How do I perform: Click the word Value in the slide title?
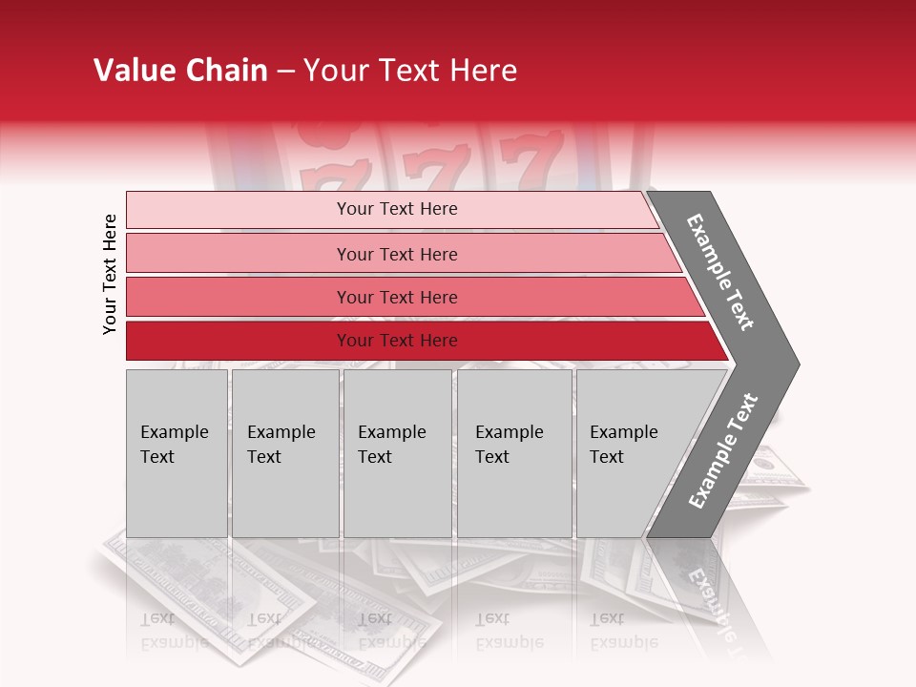133,71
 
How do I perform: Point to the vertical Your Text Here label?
110,274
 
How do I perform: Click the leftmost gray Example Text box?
177,452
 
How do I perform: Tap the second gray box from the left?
284,452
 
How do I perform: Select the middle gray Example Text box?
397,452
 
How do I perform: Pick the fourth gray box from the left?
514,452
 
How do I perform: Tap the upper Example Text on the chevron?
721,272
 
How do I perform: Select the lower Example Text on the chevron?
723,450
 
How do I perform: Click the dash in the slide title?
285,72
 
